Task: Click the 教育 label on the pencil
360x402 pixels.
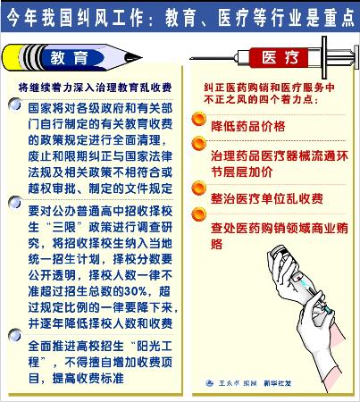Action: [x=69, y=57]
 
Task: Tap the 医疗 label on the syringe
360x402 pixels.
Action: [x=280, y=57]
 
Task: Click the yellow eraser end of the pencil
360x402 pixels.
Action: [x=12, y=57]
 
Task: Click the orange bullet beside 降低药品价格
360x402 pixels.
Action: [x=198, y=119]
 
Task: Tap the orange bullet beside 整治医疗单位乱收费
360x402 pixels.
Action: [x=198, y=188]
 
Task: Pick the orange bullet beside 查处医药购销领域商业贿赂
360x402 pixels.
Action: [x=198, y=214]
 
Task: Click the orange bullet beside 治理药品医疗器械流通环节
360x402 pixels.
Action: [x=198, y=144]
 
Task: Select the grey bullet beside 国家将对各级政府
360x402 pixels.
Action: [x=15, y=105]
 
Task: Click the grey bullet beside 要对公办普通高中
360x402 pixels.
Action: [x=15, y=203]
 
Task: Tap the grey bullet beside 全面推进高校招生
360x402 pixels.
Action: [x=15, y=335]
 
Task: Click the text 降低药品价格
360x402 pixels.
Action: [x=248, y=126]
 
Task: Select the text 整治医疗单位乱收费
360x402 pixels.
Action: [x=267, y=198]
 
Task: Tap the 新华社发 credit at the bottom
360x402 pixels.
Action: [x=277, y=383]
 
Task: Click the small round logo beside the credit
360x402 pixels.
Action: [x=210, y=383]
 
